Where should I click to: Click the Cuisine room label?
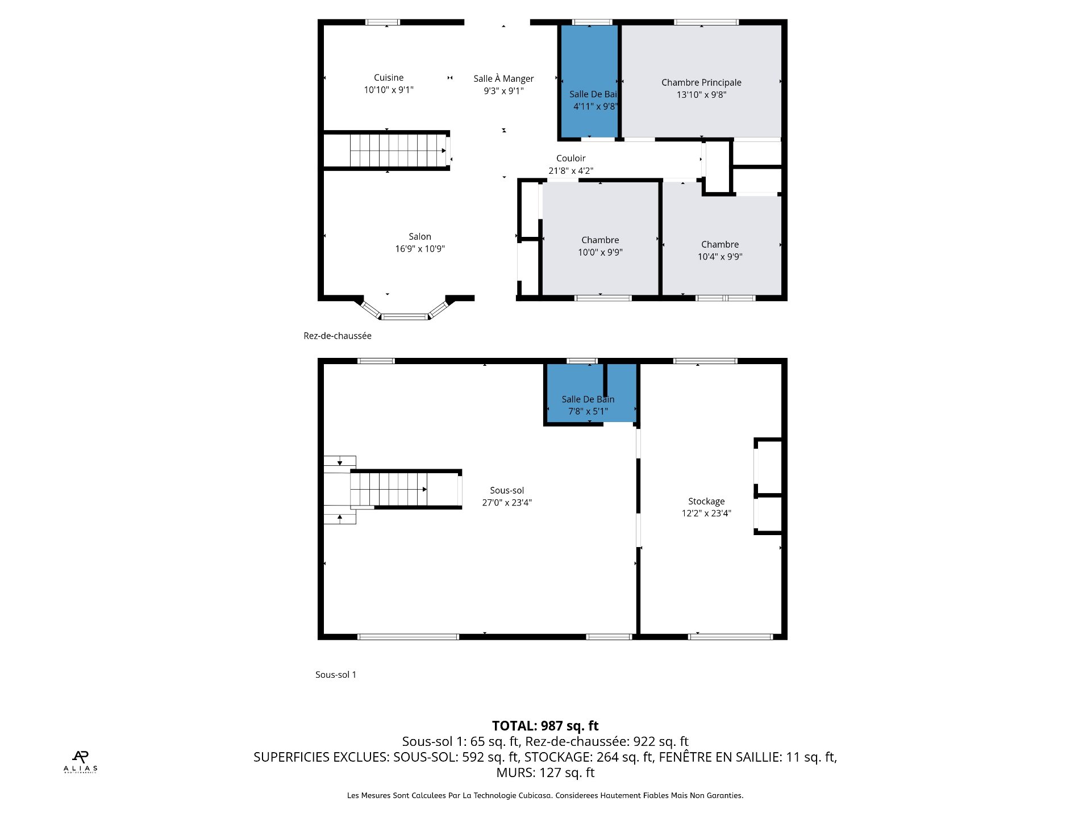[389, 78]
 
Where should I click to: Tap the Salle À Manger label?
[503, 79]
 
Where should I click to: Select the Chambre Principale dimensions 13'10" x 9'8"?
[701, 95]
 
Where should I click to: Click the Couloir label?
[571, 158]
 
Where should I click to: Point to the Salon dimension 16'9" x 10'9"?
[420, 249]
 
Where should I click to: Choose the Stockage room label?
[706, 502]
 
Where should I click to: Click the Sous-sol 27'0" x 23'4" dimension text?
[507, 503]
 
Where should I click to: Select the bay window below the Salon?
[405, 316]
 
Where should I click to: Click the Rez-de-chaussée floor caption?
[338, 336]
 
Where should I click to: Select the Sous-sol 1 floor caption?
[336, 675]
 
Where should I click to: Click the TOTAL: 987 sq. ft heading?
[545, 726]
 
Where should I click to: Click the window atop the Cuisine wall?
[382, 23]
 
